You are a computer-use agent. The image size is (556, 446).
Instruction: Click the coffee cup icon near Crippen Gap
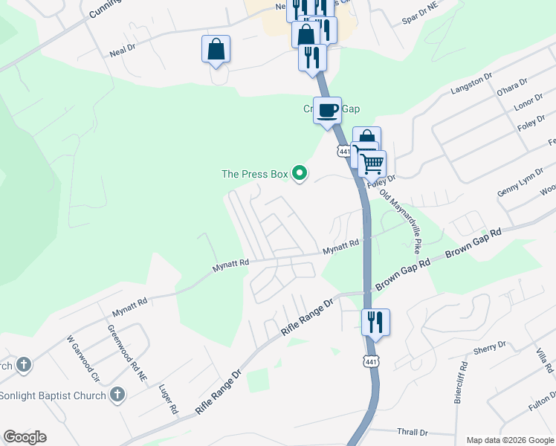[327, 111]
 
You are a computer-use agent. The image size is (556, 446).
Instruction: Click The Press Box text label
[254, 174]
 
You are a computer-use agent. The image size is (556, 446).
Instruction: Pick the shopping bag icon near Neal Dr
[216, 50]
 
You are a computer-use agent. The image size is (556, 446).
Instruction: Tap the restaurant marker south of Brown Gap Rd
[375, 322]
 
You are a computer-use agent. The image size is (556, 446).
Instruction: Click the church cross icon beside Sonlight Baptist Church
[117, 395]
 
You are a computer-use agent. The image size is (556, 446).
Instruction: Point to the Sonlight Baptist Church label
[53, 395]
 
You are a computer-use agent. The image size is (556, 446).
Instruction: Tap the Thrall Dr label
[413, 432]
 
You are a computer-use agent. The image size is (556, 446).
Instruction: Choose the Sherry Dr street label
[489, 347]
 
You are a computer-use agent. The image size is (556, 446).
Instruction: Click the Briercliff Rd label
[460, 382]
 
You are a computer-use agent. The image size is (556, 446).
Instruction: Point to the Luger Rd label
[169, 398]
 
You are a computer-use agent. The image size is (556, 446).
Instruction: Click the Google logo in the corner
[25, 437]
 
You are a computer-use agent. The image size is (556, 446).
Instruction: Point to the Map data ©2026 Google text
[509, 440]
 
